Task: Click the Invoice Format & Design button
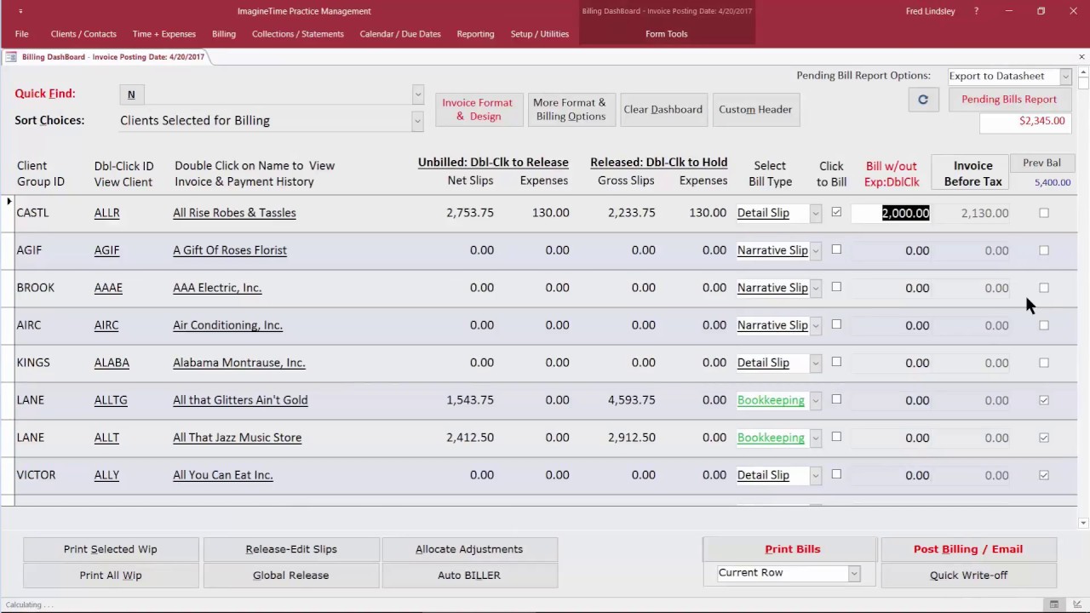tap(477, 109)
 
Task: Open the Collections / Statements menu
tap(297, 34)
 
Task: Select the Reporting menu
tap(475, 34)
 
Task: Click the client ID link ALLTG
tap(111, 400)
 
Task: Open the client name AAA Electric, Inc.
tap(217, 288)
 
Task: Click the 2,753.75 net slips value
tap(469, 213)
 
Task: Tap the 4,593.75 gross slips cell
tap(631, 400)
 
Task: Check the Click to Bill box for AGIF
tap(836, 249)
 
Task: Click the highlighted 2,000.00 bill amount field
tap(904, 213)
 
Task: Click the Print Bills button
tap(792, 549)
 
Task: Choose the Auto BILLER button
tap(469, 575)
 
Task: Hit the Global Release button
tap(290, 575)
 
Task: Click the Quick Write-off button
tap(968, 575)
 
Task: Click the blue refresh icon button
tap(922, 100)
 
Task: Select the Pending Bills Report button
tap(1008, 100)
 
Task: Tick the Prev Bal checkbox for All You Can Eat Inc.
tap(1044, 475)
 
